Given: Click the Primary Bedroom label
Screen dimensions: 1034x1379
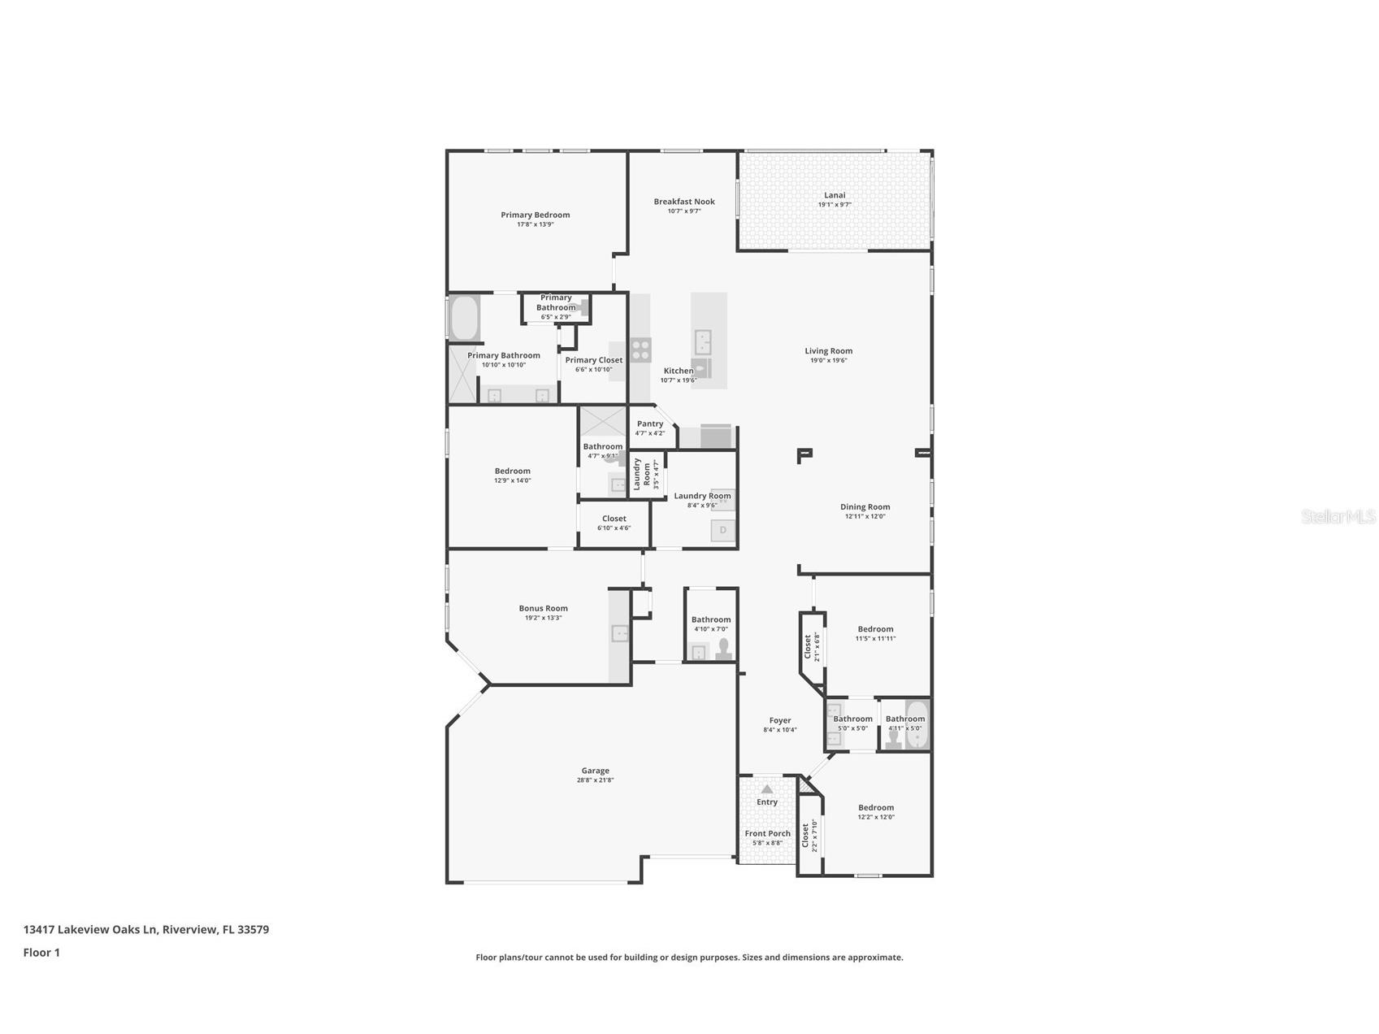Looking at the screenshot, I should point(535,215).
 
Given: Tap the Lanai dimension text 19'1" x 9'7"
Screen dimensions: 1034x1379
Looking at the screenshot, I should point(835,205).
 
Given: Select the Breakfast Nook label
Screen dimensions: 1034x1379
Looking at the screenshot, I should point(684,202).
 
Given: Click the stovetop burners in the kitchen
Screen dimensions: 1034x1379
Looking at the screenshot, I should point(641,350).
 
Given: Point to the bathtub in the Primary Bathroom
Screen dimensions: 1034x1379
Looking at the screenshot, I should point(465,318).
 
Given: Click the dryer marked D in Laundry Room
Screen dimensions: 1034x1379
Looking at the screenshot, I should point(722,531).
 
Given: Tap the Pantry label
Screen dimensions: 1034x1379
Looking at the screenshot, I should point(650,424).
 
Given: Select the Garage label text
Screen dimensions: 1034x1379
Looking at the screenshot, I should point(595,771).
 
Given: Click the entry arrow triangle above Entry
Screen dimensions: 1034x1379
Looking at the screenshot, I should point(767,789).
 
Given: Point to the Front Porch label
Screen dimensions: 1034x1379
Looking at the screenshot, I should point(768,833).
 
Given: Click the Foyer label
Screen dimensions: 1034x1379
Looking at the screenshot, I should point(780,720).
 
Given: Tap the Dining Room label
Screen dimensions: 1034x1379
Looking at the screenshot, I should point(865,506).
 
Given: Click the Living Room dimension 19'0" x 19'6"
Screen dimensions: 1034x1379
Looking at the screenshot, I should point(829,360).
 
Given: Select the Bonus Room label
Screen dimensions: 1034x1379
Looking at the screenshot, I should point(544,608).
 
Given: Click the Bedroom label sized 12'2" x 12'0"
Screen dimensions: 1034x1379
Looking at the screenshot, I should point(876,807).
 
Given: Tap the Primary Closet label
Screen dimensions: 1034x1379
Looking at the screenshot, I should point(594,360).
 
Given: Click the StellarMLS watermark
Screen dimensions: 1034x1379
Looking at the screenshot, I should point(1338,516).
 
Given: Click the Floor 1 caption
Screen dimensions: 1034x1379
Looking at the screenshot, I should point(41,953).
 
